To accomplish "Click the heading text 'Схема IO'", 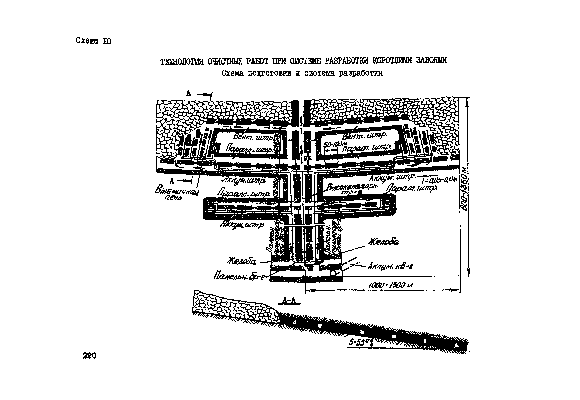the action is click(93, 41).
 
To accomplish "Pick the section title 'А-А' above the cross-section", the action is click(290, 300).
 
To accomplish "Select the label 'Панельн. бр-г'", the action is click(239, 276).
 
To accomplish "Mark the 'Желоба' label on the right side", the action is click(383, 242).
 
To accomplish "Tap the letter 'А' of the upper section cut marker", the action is click(188, 93).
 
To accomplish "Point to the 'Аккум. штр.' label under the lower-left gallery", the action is click(242, 225).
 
